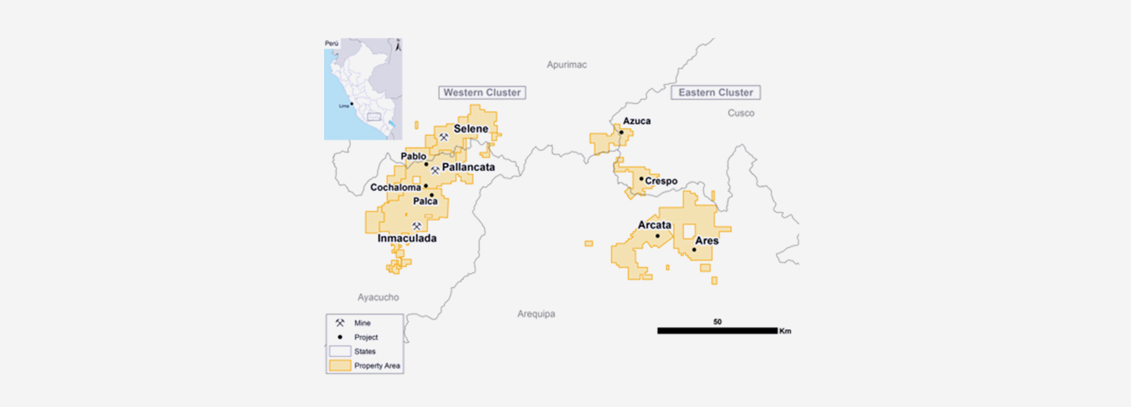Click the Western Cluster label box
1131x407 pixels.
point(482,92)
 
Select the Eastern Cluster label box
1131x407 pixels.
point(716,92)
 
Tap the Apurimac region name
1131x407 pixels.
point(567,65)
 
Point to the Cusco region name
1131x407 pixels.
point(741,113)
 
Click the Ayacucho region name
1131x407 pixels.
point(378,297)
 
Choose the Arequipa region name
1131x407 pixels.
point(536,314)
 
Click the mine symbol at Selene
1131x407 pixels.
point(444,137)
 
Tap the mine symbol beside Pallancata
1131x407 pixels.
point(435,170)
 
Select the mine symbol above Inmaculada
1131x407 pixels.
point(417,226)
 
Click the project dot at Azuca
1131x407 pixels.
point(621,132)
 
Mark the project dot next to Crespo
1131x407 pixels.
point(641,179)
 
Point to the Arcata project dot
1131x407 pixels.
point(657,236)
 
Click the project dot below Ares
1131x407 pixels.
point(694,250)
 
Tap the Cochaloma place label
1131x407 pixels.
point(395,188)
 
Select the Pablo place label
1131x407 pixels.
point(413,157)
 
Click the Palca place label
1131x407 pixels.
point(425,201)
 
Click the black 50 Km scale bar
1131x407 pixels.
point(717,331)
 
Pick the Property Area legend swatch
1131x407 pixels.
point(340,366)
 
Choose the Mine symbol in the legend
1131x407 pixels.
point(340,323)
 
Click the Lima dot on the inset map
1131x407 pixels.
point(352,104)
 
